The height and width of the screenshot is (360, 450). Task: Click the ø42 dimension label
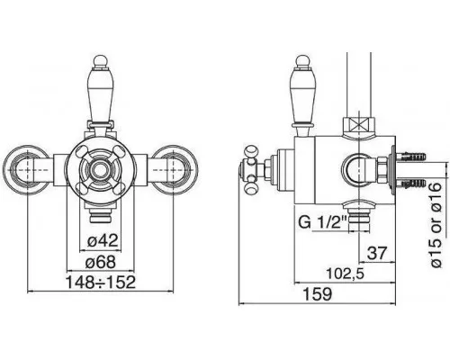click(103, 240)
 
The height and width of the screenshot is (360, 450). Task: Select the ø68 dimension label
click(101, 262)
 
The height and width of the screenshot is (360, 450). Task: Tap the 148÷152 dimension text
click(101, 282)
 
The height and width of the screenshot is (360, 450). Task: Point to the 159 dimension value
click(318, 293)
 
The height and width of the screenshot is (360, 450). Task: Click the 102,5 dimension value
click(345, 274)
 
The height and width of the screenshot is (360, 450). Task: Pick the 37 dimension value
click(377, 253)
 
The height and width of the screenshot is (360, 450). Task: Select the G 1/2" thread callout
click(323, 222)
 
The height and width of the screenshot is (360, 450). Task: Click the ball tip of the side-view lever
click(302, 60)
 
